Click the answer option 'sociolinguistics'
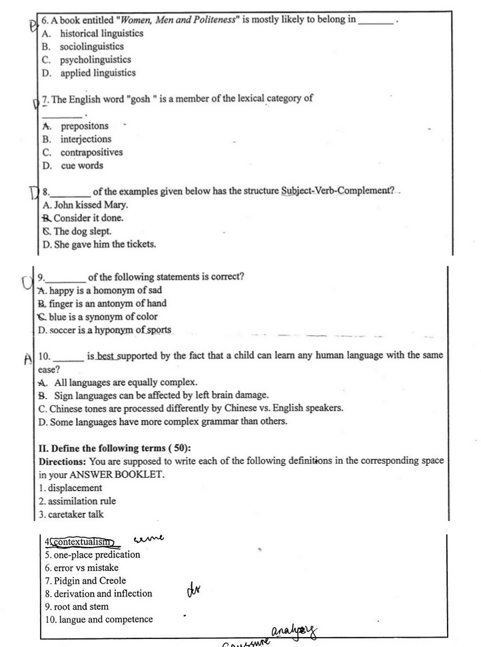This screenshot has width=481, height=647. click(x=91, y=47)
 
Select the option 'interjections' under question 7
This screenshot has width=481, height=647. click(x=86, y=139)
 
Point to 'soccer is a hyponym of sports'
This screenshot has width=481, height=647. click(x=109, y=330)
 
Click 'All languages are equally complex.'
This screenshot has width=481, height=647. click(x=125, y=382)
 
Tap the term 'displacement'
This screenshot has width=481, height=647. click(x=74, y=488)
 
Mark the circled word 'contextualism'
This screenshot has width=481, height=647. click(x=83, y=542)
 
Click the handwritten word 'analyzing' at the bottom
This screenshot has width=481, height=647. click(x=294, y=630)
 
